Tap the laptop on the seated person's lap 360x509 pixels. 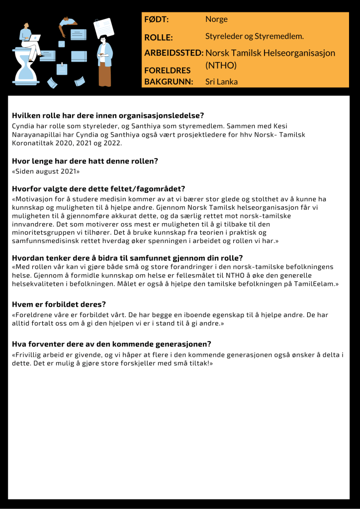[35, 38]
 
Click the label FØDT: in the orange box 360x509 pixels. [156, 19]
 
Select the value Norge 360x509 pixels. [216, 19]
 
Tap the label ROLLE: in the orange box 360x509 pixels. [158, 37]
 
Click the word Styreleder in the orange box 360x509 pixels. [222, 36]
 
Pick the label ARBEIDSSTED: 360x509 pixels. [174, 53]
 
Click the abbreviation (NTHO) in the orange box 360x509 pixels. [221, 65]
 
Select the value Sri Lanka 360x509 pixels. [221, 82]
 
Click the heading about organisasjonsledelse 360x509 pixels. [108, 116]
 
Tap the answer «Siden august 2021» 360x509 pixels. [46, 171]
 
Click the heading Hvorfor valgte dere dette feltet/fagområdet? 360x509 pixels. [98, 188]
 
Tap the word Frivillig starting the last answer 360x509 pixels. [27, 355]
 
